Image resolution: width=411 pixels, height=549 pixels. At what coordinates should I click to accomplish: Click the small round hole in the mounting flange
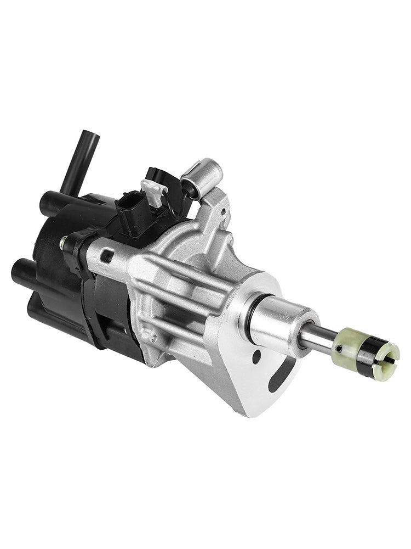(256, 356)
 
